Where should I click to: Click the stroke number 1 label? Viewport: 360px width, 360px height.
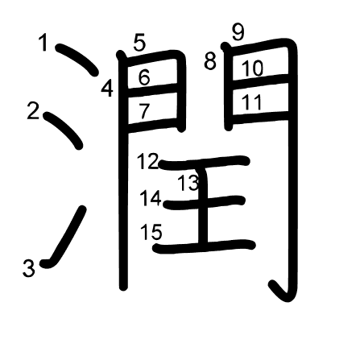[43, 43]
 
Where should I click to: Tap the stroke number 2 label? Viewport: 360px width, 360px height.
[34, 111]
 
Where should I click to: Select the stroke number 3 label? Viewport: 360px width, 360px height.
[29, 268]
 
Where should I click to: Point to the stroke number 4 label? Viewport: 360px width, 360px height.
[107, 89]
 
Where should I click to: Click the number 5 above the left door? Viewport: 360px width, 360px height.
[139, 43]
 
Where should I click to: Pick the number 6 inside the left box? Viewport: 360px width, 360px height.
[144, 77]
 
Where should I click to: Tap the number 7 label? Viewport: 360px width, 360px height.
[144, 111]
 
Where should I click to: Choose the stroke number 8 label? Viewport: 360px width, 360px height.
[210, 61]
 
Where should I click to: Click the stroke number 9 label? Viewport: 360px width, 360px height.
[238, 32]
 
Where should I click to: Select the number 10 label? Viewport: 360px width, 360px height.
[253, 68]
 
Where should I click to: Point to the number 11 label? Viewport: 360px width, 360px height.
[251, 102]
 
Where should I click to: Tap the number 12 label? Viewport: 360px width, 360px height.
[148, 161]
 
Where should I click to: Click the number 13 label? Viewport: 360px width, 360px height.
[188, 183]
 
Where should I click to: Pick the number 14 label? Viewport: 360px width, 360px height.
[151, 198]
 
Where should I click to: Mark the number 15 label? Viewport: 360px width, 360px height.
[151, 232]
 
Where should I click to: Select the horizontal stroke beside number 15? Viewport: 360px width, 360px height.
[204, 246]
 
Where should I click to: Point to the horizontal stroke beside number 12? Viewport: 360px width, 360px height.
[205, 162]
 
